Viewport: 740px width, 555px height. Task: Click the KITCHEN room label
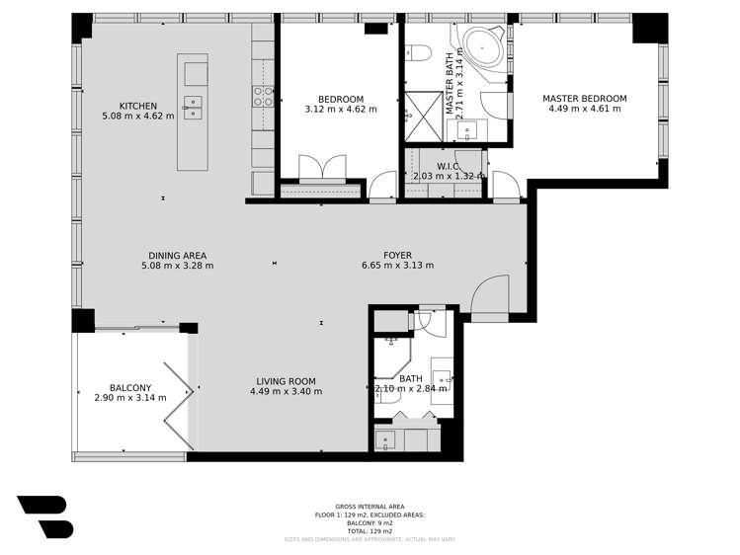tap(137, 106)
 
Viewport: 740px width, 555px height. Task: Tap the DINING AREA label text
tap(177, 256)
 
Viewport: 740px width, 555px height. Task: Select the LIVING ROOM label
tap(286, 381)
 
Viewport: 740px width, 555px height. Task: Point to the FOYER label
tap(397, 256)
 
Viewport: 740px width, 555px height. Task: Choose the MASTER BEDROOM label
tap(584, 99)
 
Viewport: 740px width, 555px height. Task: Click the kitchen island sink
tap(193, 106)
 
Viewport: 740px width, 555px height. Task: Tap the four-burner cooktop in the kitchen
tap(264, 97)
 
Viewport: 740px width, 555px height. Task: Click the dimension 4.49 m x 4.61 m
tap(584, 110)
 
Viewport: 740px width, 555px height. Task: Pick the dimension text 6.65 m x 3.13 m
tap(397, 266)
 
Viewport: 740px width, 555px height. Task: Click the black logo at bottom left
tap(44, 516)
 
